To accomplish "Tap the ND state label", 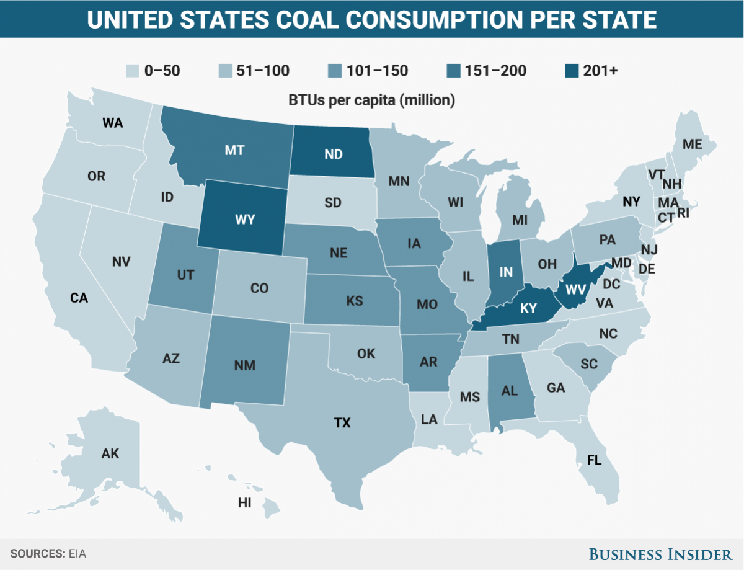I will tap(334, 154).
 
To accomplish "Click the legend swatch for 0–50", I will tap(131, 71).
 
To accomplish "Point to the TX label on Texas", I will tap(342, 424).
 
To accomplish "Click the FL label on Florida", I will tap(594, 460).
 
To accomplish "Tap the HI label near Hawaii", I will tap(244, 503).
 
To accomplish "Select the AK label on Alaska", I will tap(110, 453).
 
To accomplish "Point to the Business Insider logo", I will tap(659, 553).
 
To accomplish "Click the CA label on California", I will tap(79, 298).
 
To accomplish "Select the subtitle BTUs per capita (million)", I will tap(371, 100).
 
